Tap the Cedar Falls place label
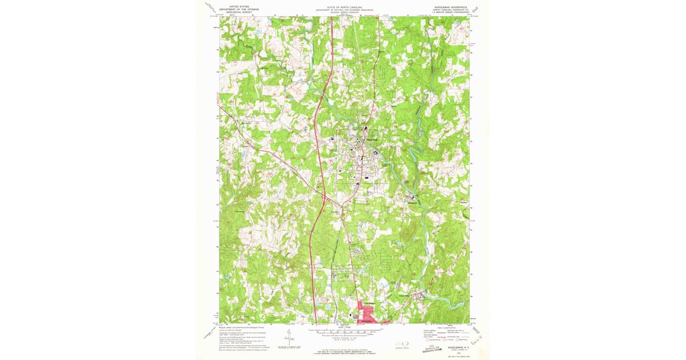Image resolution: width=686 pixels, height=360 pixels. [421, 294]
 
